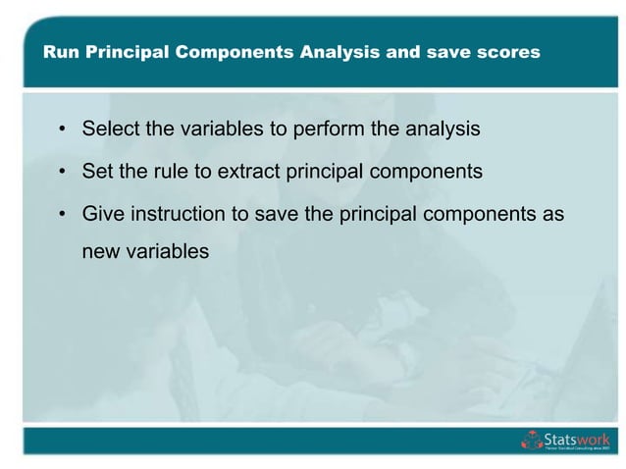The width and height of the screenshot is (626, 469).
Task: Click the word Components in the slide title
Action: click(235, 53)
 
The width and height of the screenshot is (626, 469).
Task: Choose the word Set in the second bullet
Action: click(97, 172)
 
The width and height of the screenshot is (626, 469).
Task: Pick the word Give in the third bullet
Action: click(102, 214)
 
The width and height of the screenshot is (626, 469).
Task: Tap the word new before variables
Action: click(101, 251)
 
